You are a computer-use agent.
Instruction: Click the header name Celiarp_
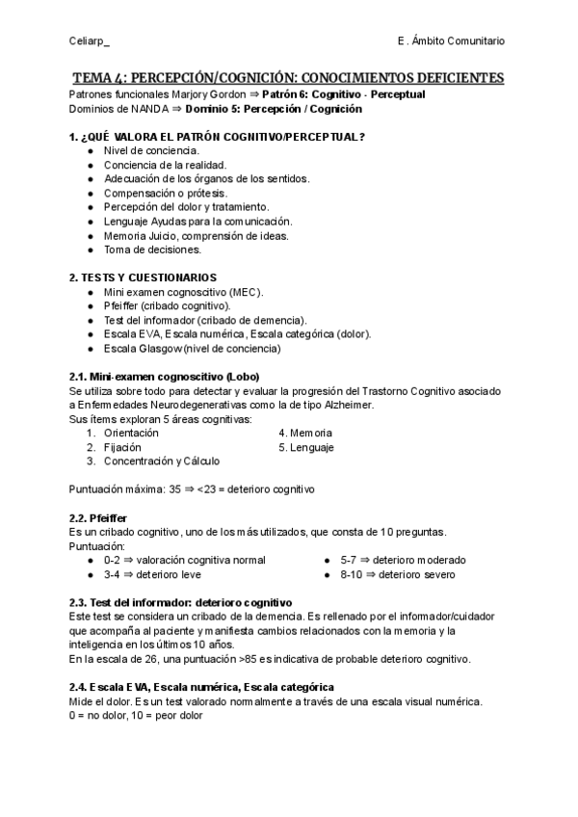pos(90,40)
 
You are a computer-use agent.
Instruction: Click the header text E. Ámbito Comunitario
pos(450,40)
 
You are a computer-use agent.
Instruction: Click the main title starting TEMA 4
pos(288,77)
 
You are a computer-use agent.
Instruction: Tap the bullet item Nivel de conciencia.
pos(151,151)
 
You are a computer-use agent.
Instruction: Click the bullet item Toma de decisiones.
pos(152,249)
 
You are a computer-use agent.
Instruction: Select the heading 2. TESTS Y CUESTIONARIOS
pos(144,277)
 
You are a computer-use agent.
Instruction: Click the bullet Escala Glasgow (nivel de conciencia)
pos(192,348)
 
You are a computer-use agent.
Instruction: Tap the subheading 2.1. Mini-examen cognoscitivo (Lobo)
pos(165,377)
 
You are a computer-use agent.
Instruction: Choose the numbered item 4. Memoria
pos(305,434)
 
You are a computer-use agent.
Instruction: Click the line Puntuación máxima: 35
pos(193,489)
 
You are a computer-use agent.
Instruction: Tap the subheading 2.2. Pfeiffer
pos(98,517)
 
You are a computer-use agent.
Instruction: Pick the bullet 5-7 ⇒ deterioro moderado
pos(403,560)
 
